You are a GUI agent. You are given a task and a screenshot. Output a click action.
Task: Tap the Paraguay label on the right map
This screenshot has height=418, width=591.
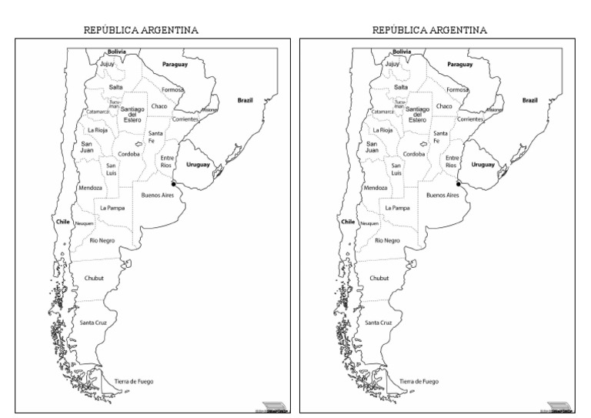pyautogui.click(x=460, y=65)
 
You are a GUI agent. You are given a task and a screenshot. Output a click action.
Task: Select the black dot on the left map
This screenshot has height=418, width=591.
pyautogui.click(x=174, y=184)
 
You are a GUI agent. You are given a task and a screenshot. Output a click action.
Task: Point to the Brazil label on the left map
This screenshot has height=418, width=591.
pyautogui.click(x=245, y=100)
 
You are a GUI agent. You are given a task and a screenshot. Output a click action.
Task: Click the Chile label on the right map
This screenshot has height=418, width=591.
pyautogui.click(x=348, y=222)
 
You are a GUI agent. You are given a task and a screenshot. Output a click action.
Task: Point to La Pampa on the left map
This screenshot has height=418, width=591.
pyautogui.click(x=112, y=208)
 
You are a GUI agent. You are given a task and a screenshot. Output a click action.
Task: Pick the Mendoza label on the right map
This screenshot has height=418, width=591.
pyautogui.click(x=376, y=188)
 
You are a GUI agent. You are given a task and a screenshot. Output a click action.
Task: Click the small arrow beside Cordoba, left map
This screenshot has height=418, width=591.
pyautogui.click(x=139, y=143)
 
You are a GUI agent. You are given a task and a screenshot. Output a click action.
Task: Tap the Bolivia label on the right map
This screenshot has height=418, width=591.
pyautogui.click(x=401, y=52)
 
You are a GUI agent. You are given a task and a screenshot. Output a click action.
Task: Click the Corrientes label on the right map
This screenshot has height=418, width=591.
pyautogui.click(x=470, y=119)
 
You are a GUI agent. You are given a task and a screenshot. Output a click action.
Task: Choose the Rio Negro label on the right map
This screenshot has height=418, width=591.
pyautogui.click(x=386, y=241)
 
